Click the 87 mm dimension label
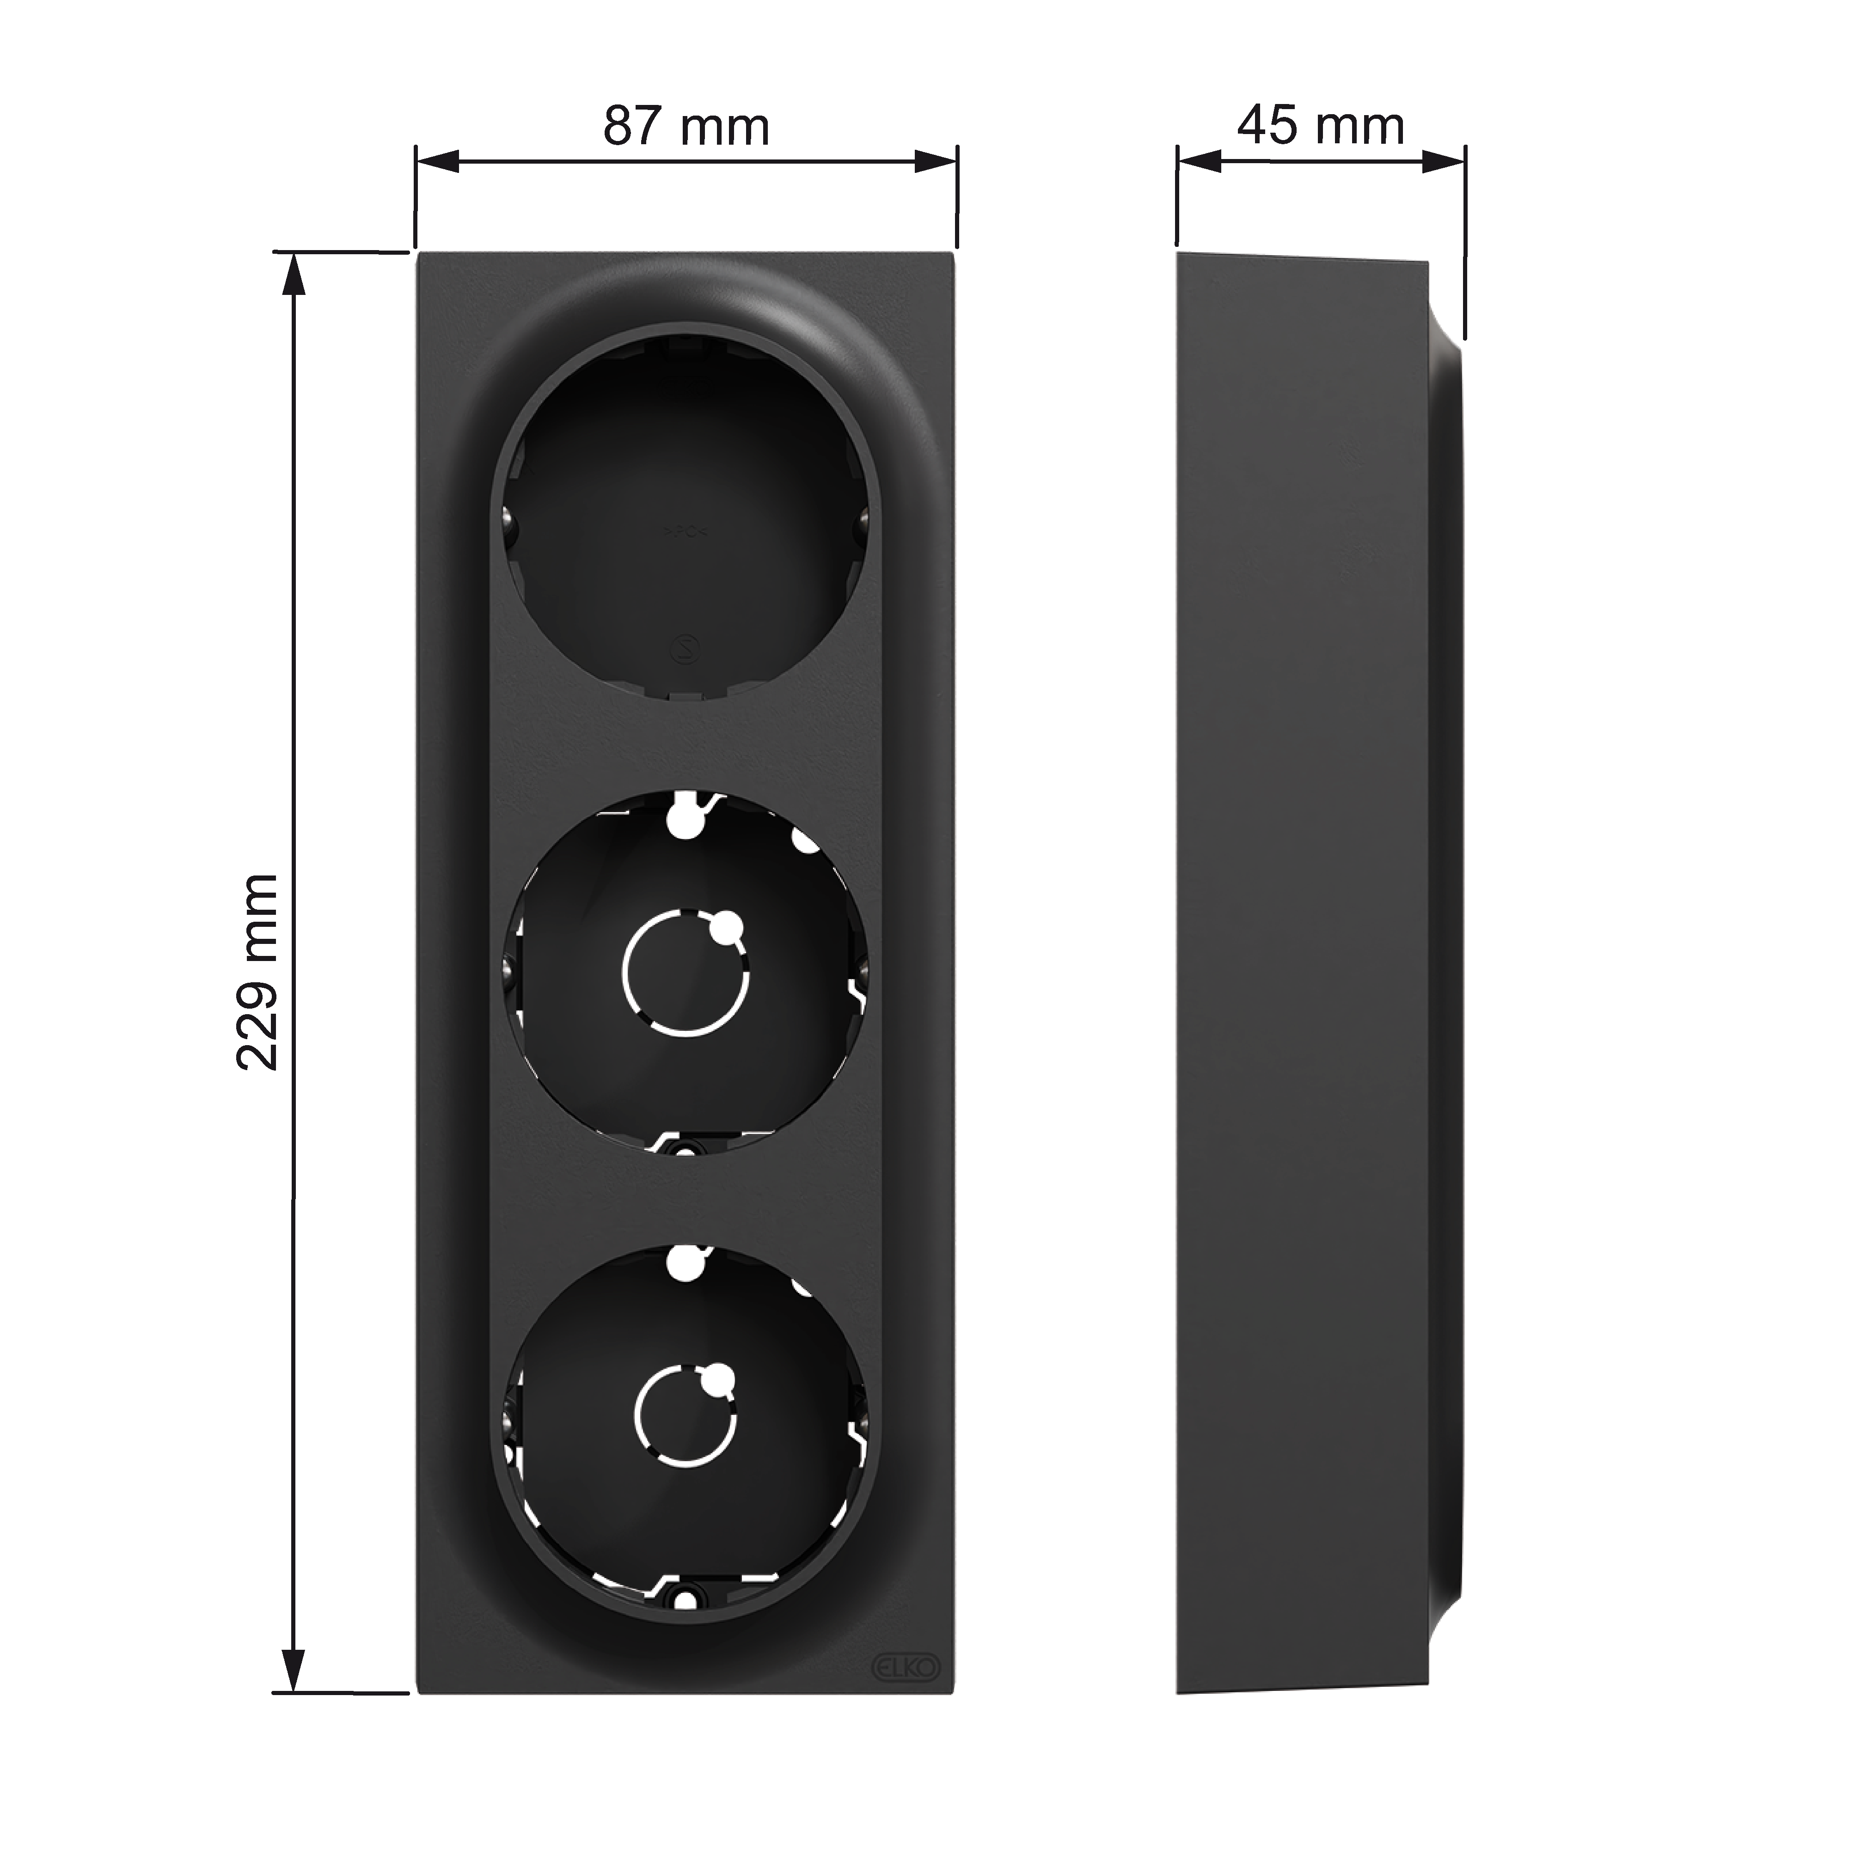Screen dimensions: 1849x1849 (686, 127)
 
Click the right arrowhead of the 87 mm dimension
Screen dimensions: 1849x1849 (936, 161)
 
